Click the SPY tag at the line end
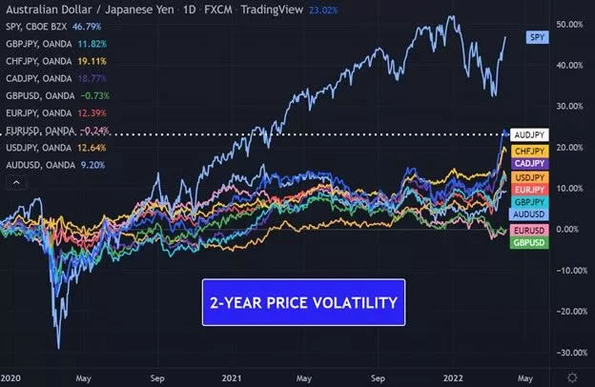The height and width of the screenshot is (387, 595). tap(538, 36)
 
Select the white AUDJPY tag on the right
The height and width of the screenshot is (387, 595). tap(529, 134)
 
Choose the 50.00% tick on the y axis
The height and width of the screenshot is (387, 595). tap(570, 23)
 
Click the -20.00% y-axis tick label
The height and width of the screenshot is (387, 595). tap(570, 311)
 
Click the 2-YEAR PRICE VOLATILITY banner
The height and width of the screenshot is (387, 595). tap(302, 302)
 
